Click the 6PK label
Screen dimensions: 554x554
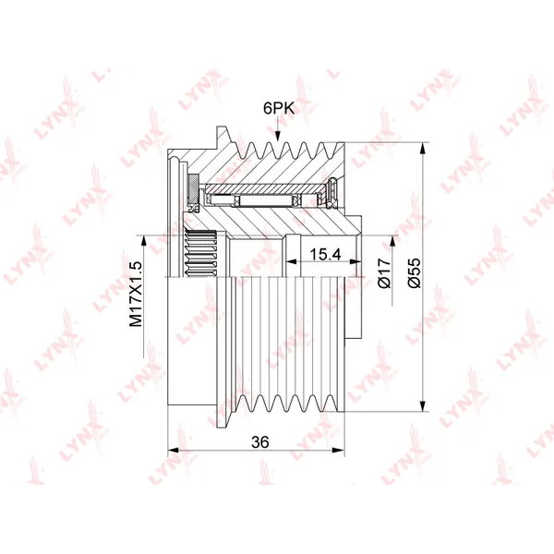coord(279,108)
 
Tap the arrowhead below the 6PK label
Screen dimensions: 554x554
coord(278,136)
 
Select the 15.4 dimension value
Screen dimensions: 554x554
coord(325,254)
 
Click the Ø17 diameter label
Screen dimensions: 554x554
coord(385,272)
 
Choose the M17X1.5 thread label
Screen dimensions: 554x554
coord(136,294)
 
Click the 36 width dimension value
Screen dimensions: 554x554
coord(260,441)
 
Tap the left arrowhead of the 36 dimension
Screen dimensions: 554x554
coord(174,451)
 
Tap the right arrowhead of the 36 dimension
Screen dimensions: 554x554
coord(338,451)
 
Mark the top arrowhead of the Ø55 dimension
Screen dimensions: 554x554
coord(423,149)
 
